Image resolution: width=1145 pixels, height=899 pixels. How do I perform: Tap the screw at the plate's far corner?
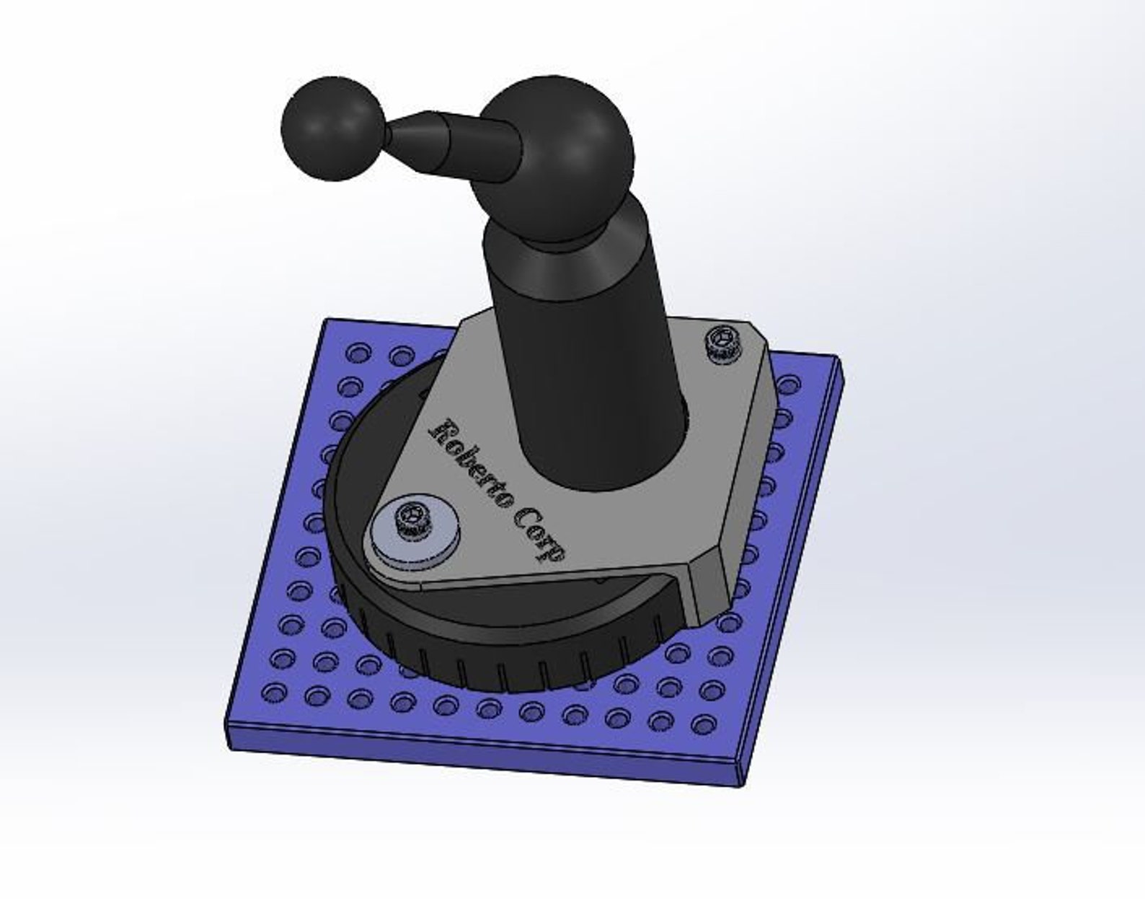pos(724,341)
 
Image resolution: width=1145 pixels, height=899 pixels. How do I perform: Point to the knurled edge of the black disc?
pos(505,667)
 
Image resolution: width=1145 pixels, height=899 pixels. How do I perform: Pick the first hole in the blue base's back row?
pos(355,353)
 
